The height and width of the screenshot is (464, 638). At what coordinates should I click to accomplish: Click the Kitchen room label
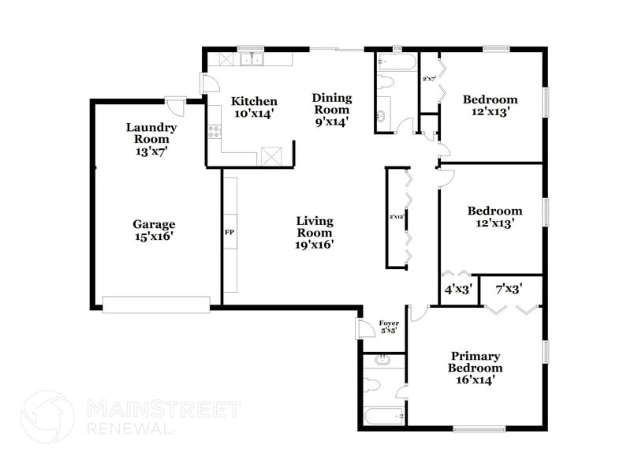point(254,107)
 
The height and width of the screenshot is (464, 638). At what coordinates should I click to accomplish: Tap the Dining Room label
point(332,110)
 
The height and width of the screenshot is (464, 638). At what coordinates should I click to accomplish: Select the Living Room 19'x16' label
point(315,232)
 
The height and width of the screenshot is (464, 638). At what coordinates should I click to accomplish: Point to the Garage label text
point(154,230)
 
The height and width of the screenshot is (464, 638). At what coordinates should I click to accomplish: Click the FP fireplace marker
point(230,233)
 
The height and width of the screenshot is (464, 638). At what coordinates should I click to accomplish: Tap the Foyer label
point(389,326)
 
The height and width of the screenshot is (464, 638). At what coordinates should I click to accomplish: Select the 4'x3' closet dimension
point(458,290)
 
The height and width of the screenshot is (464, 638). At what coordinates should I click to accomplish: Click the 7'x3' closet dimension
point(508,290)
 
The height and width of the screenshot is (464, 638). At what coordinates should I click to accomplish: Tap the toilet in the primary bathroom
point(374,386)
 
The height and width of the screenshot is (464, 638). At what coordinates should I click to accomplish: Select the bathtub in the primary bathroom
point(383,415)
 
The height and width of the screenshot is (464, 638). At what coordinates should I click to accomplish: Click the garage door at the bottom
point(156,305)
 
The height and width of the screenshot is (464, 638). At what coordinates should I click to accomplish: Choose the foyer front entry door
point(364,328)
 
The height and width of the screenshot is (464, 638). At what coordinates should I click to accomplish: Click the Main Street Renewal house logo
point(47,417)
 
